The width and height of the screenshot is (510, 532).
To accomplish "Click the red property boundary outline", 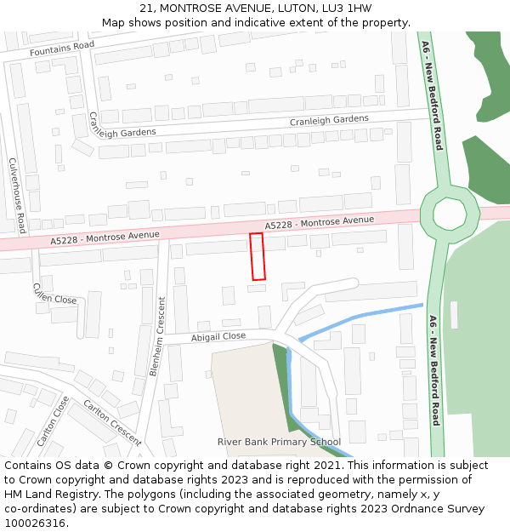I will tap(257, 256).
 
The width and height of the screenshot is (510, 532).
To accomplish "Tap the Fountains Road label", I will tap(61, 50).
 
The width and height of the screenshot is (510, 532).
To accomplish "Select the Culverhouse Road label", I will tap(16, 196).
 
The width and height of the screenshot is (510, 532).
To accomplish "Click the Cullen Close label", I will tap(54, 294).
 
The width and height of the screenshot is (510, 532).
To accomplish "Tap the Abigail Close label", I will tap(218, 336).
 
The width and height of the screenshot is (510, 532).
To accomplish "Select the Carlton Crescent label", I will tap(112, 422).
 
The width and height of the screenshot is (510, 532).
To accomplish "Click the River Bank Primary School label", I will tap(279, 442).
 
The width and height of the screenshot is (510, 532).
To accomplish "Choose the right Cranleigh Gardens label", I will tap(329, 120).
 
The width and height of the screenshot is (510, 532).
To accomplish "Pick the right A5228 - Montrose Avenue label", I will tap(320, 223).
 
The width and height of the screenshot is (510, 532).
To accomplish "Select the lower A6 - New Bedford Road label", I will tap(433, 369).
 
